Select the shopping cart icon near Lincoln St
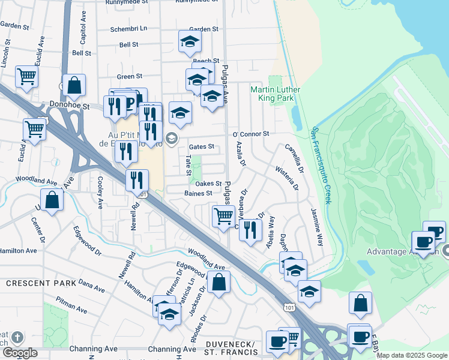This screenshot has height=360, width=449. pyautogui.click(x=26, y=77)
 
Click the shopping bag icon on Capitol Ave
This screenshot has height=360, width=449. pyautogui.click(x=74, y=86)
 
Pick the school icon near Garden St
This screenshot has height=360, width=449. pyautogui.click(x=190, y=42)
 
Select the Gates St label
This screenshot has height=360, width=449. pyautogui.click(x=201, y=146)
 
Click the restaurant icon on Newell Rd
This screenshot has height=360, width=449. pyautogui.click(x=137, y=179)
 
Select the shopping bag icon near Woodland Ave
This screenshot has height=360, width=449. pyautogui.click(x=220, y=282)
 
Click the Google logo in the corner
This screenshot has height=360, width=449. pyautogui.click(x=19, y=353)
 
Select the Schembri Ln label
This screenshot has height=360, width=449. pyautogui.click(x=129, y=29)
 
